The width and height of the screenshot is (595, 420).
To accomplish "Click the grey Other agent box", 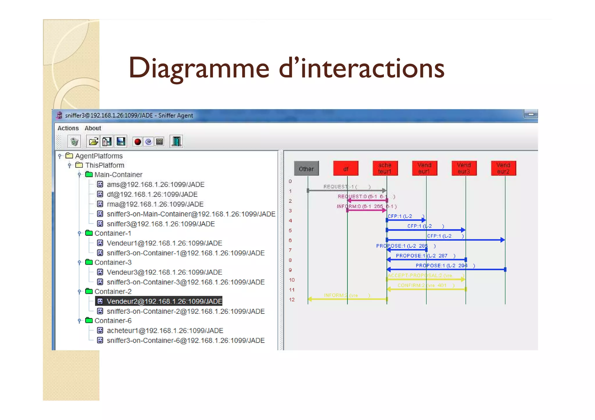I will pos(306,169).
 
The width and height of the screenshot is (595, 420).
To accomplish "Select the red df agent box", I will pos(346,169).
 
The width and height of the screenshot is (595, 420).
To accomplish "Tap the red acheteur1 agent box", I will pos(385,168).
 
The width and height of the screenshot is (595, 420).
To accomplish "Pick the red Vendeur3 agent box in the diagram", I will pos(464,168).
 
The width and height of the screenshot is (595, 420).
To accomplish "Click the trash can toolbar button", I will pos(74,142).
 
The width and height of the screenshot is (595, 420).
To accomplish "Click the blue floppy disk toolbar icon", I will pos(121,142).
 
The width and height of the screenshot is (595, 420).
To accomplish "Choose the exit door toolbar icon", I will pos(176,142).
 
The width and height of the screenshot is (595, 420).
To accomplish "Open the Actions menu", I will pos(68,128).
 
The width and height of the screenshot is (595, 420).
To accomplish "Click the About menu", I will pos(93,128).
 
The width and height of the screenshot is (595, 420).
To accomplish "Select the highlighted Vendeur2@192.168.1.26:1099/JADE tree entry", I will pos(164,301).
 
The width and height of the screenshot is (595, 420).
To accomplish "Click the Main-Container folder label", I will pos(118,175).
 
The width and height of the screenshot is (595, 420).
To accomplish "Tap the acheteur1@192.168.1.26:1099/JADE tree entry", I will pos(165,331).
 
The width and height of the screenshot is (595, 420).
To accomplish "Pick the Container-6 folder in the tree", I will pos(113,321).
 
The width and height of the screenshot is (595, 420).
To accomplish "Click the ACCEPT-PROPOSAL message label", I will pos(420,275).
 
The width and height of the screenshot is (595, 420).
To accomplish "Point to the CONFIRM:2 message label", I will pos(422,285).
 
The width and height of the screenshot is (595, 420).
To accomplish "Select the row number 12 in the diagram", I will pos(292,300).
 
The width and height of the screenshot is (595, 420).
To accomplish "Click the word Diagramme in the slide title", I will pos(199,69).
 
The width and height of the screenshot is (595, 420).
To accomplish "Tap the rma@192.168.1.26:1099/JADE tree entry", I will pos(155,204).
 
